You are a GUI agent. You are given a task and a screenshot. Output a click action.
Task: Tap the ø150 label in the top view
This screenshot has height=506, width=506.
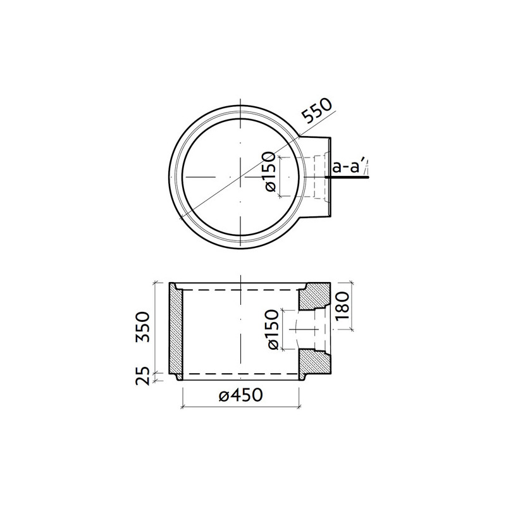click(269, 173)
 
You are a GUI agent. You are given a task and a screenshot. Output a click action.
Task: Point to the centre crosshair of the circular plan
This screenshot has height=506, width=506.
click(240, 176)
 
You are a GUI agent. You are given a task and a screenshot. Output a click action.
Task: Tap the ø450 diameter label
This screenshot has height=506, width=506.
click(240, 395)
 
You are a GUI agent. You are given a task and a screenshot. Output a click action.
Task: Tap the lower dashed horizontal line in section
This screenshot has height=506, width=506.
click(240, 374)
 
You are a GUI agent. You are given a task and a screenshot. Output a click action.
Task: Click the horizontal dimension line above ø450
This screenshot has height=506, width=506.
click(240, 405)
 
